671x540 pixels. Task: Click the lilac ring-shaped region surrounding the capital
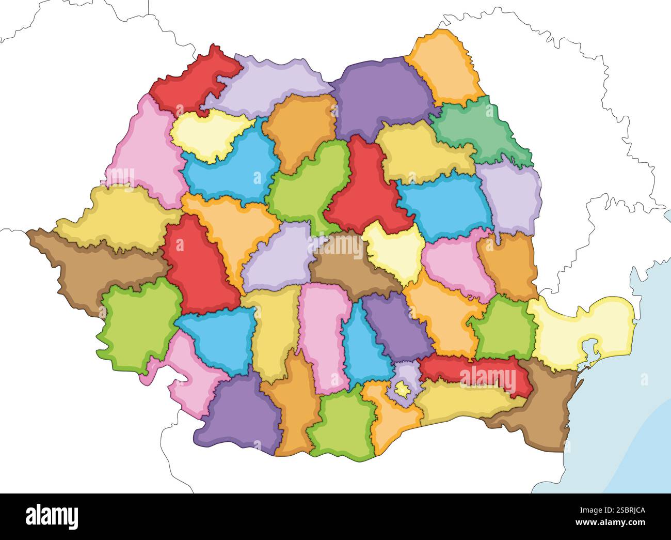pos(408,372)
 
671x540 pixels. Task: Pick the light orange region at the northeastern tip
pos(444,67)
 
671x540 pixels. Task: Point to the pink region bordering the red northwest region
pos(145,150)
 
